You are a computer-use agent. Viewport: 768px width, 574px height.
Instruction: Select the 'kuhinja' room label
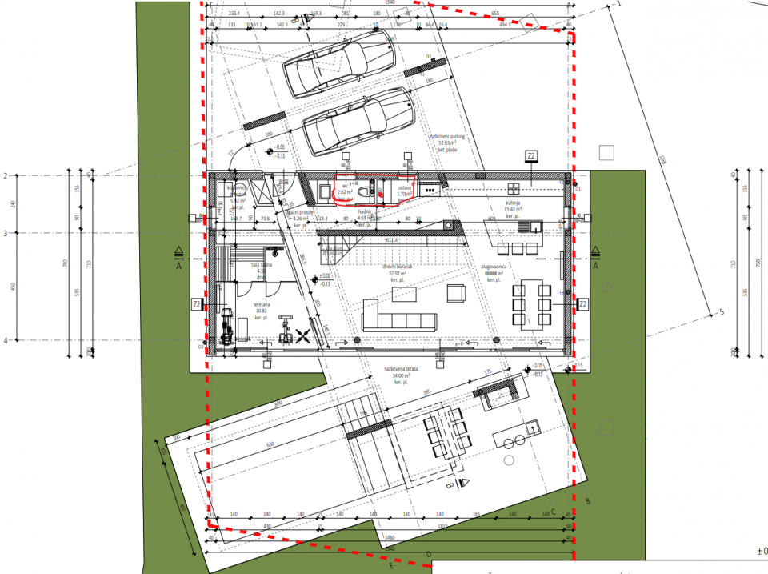tap(514, 204)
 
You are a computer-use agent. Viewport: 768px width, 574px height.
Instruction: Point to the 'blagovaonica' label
tap(491, 269)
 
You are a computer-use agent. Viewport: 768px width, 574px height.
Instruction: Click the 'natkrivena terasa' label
tap(401, 372)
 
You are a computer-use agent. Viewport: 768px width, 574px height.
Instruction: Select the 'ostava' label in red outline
tap(405, 190)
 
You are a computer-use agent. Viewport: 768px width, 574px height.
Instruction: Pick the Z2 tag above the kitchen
tap(531, 155)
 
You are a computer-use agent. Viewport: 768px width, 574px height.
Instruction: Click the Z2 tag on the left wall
tap(196, 304)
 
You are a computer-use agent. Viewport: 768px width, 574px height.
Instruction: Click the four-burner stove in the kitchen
tap(430, 190)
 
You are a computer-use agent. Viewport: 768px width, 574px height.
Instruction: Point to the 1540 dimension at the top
tap(390, 4)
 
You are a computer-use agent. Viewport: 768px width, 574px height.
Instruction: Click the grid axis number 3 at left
tap(6, 233)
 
